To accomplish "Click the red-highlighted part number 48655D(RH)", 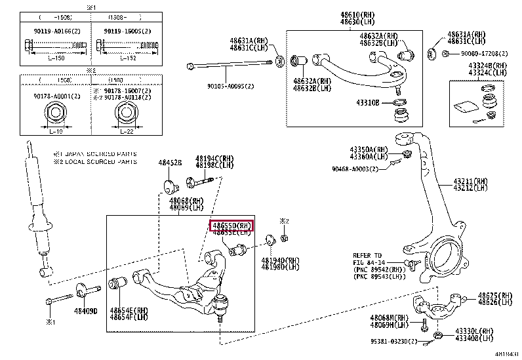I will coord(231,225).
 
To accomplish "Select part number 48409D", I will coord(86,310).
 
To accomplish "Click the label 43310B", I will coord(367,104).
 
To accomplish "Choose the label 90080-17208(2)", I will coord(478,53).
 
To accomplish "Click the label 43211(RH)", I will coord(471,180).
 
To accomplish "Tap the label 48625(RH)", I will coord(494,296).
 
